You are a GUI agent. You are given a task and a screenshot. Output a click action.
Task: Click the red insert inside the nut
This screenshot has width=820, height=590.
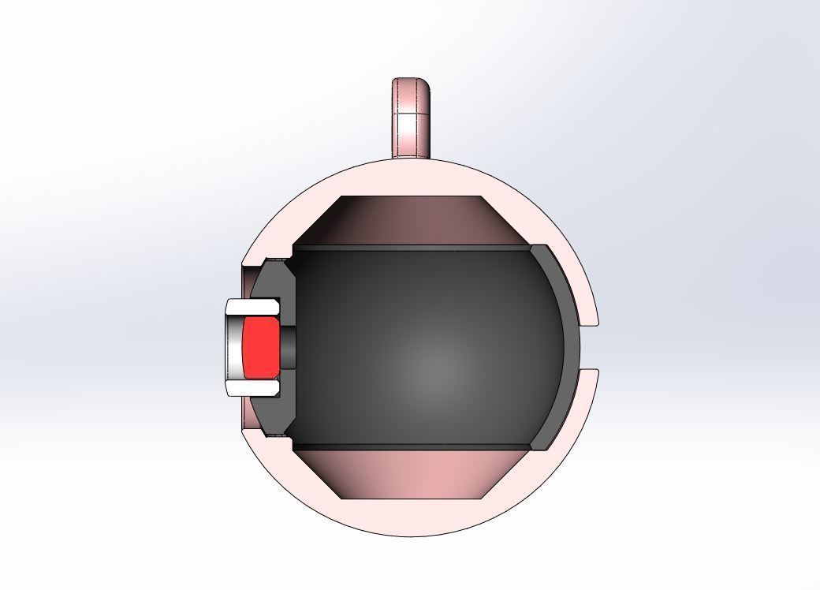tap(259, 348)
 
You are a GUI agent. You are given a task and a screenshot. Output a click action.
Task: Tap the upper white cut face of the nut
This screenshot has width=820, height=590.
tap(253, 305)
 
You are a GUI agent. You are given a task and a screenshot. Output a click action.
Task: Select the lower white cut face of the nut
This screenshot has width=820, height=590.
tap(253, 389)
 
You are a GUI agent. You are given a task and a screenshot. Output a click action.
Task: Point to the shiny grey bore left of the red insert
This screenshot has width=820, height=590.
tap(234, 348)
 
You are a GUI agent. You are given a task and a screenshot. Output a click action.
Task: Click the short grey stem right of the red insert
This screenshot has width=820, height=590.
tap(288, 348)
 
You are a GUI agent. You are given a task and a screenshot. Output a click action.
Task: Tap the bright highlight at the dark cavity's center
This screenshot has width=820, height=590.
tap(431, 366)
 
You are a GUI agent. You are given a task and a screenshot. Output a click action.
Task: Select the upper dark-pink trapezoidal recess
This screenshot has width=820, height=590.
tap(410, 221)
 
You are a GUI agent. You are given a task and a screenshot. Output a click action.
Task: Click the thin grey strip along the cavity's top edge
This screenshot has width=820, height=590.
tap(410, 248)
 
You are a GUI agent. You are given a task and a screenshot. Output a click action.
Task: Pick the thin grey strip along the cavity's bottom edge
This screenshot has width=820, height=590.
tap(410, 447)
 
